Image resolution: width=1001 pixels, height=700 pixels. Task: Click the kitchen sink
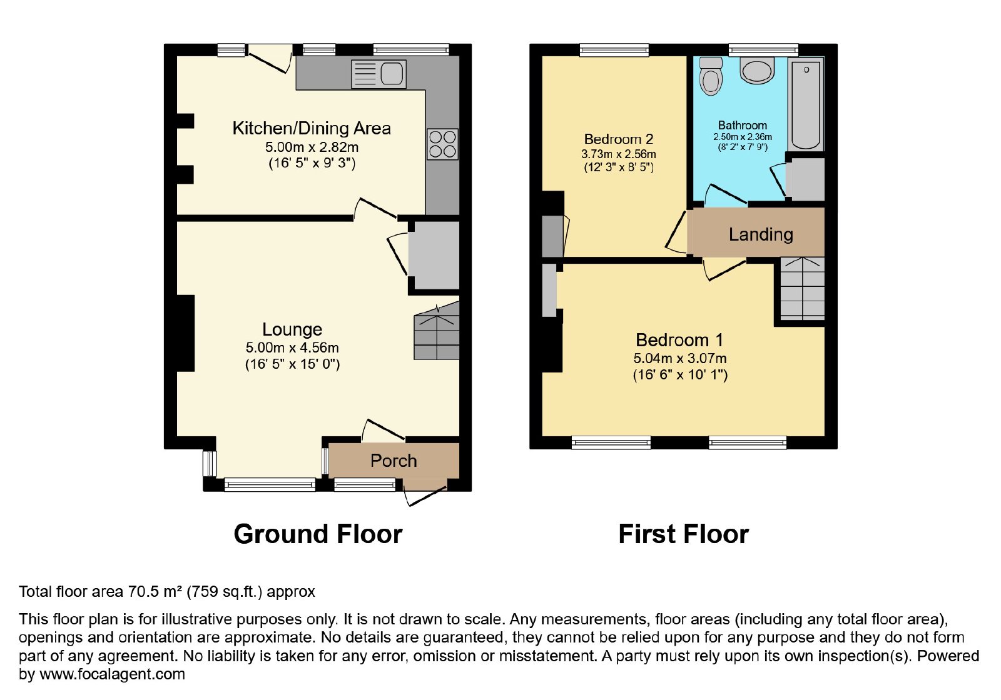click(379, 74)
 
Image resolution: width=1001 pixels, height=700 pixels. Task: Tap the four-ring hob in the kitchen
click(442, 144)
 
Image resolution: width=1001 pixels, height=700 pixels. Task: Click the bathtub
click(806, 104)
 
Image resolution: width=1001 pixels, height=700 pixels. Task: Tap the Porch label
click(394, 461)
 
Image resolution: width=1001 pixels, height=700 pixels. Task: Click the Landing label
click(761, 234)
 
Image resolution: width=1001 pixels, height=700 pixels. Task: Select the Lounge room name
click(292, 329)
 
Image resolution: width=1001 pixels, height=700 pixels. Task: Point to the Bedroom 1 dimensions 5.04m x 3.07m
click(679, 359)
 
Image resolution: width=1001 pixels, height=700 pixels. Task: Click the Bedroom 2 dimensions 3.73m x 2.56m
click(619, 154)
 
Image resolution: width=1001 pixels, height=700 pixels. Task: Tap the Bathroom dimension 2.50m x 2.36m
click(742, 137)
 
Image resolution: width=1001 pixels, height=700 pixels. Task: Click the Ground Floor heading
click(318, 534)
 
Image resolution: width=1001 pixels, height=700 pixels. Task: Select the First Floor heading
click(683, 534)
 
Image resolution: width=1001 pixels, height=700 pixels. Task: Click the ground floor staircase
click(437, 331)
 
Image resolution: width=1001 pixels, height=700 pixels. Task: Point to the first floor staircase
click(802, 288)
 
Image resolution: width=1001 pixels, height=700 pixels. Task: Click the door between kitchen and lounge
click(376, 209)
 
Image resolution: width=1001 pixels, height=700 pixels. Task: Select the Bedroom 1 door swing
click(724, 270)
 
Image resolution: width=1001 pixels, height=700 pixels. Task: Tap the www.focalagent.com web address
click(112, 674)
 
